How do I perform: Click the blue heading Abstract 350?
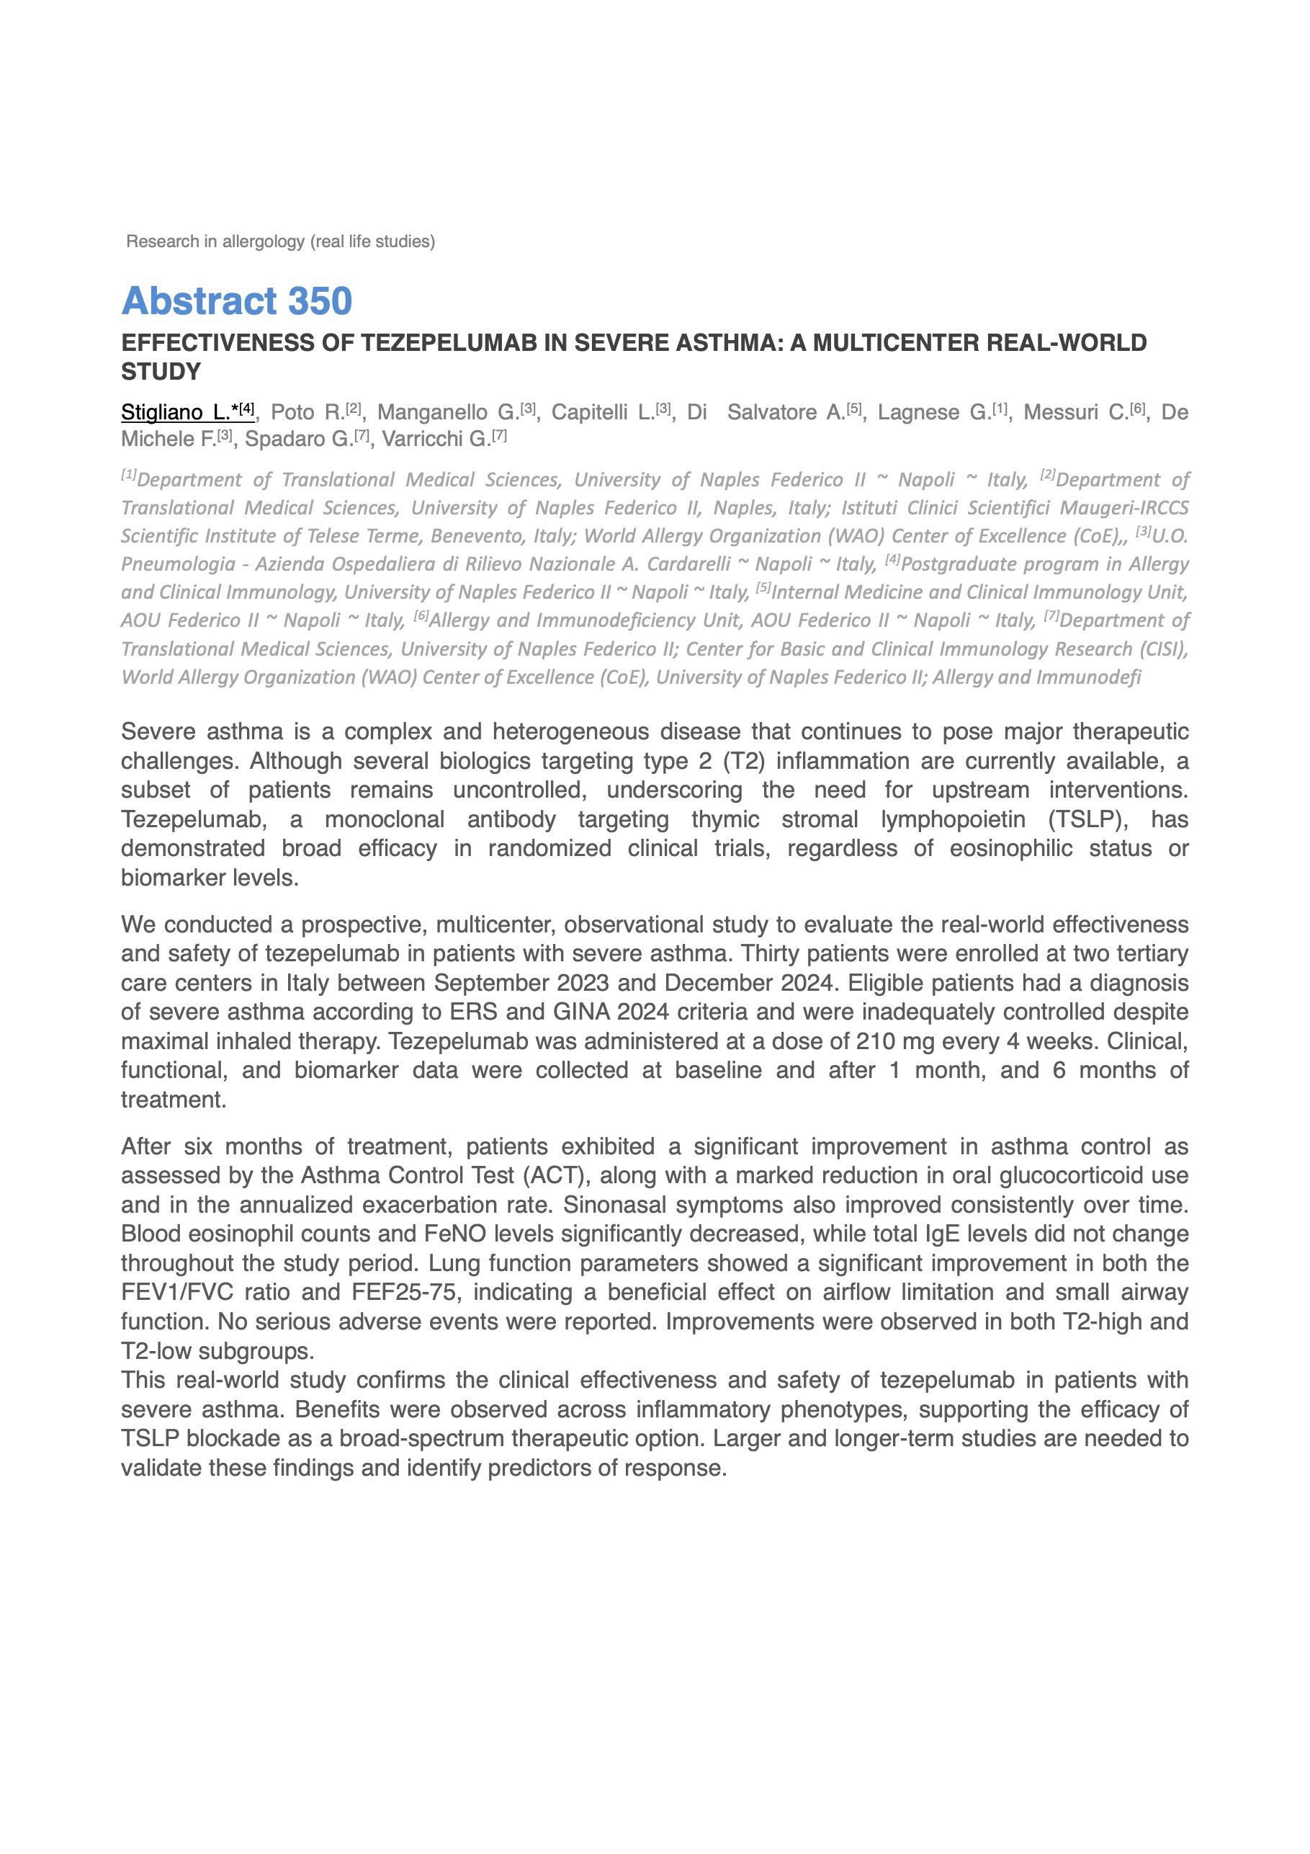pos(236,301)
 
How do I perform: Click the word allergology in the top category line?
pos(264,241)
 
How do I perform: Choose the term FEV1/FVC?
pos(176,1293)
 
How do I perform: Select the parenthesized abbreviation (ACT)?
pos(557,1176)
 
